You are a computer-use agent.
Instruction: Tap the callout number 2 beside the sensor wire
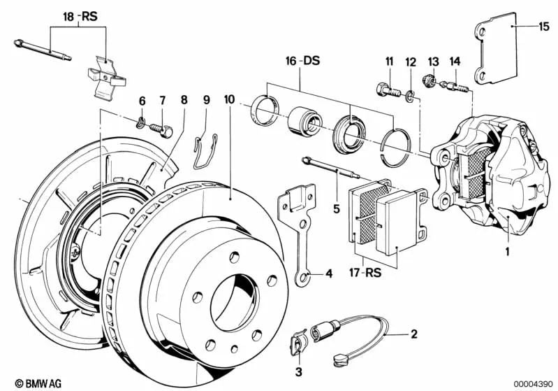(x=413, y=334)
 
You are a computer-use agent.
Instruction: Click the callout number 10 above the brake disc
(x=230, y=99)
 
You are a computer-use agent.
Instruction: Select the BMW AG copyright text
(x=29, y=383)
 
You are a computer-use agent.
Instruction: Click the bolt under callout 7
(x=166, y=129)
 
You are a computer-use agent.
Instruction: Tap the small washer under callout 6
(x=141, y=125)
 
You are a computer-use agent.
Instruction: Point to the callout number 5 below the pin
(x=336, y=208)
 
